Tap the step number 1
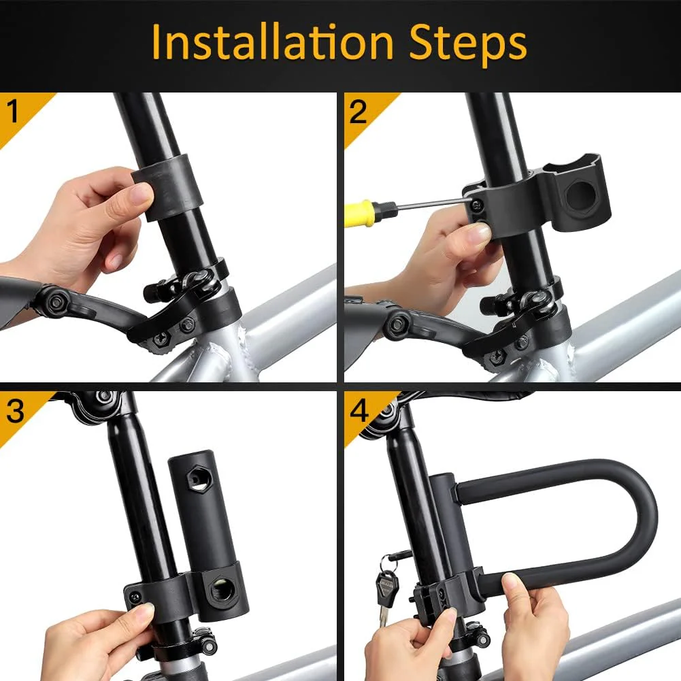[x=14, y=112]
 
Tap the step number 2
[x=359, y=112]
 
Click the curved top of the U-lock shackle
[x=636, y=517]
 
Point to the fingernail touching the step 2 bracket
[x=479, y=233]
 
